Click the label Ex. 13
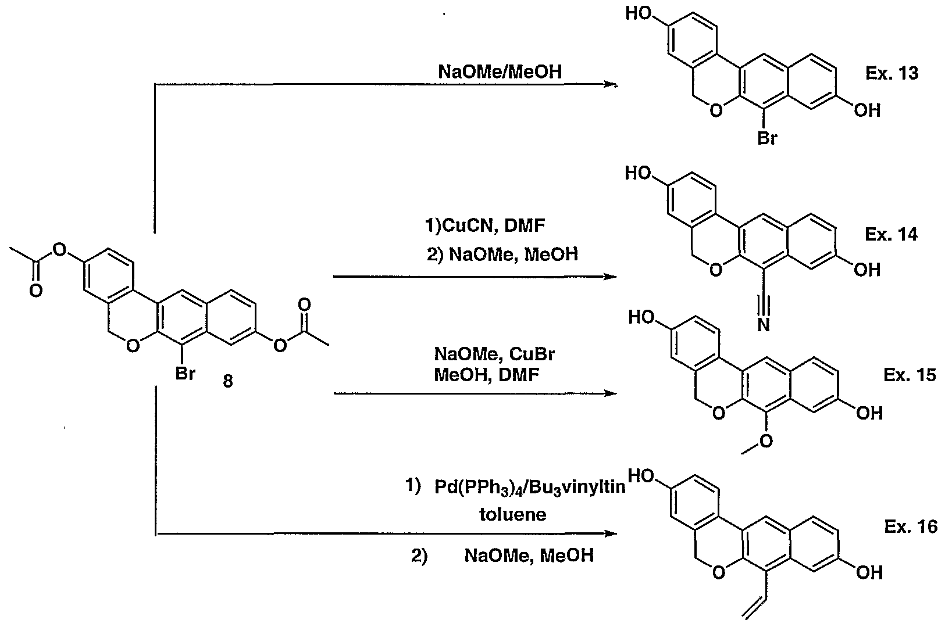click(891, 74)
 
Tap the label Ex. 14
click(891, 234)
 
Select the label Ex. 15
click(910, 375)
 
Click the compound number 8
click(228, 382)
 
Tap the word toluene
click(512, 514)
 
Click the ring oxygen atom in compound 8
click(133, 347)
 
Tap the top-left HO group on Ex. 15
click(644, 317)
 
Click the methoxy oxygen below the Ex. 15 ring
click(766, 442)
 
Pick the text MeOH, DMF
click(486, 375)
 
